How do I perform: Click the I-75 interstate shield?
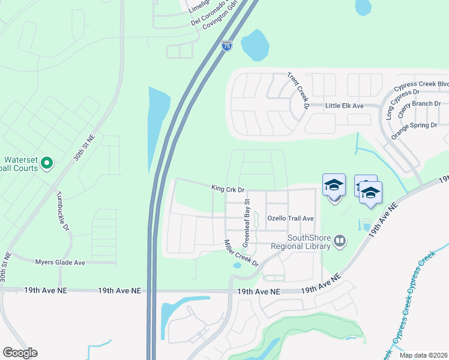[x=226, y=46]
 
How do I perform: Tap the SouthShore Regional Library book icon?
[x=340, y=241]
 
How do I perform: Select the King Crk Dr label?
[x=228, y=189]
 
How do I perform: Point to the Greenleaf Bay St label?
[x=246, y=224]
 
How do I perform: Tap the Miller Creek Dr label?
[x=241, y=254]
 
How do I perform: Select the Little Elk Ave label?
[x=345, y=106]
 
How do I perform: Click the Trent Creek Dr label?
[x=297, y=92]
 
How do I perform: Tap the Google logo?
[x=20, y=353]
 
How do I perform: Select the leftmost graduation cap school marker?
[x=334, y=186]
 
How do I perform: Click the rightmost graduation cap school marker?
[x=371, y=193]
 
